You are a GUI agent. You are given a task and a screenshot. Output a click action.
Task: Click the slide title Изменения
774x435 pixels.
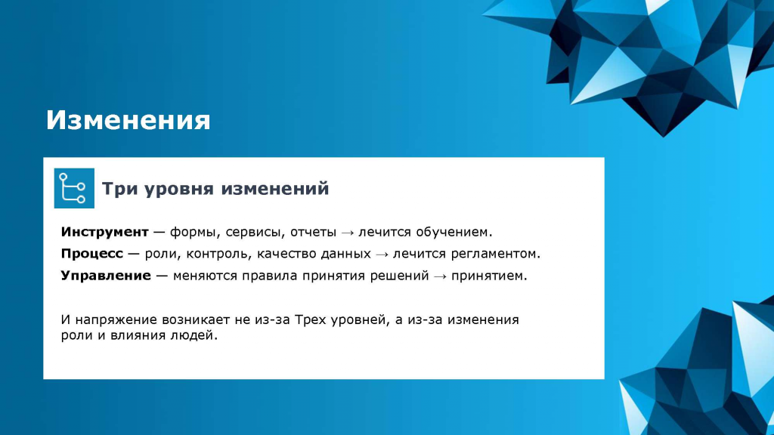(128, 120)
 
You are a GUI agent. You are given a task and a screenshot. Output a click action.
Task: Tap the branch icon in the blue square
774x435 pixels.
(73, 188)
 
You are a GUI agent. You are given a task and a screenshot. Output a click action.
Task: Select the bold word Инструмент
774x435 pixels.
(104, 232)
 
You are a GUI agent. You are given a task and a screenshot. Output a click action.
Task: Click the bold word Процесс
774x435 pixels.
(91, 254)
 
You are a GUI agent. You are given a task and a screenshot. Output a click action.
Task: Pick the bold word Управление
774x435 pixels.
(106, 276)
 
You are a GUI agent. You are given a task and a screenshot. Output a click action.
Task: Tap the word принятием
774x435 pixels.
(489, 276)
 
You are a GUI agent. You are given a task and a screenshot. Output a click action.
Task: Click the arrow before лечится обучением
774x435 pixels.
(348, 233)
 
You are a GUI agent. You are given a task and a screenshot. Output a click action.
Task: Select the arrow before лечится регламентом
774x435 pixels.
(382, 255)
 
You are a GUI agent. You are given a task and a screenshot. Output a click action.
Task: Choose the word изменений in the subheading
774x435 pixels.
(274, 188)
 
